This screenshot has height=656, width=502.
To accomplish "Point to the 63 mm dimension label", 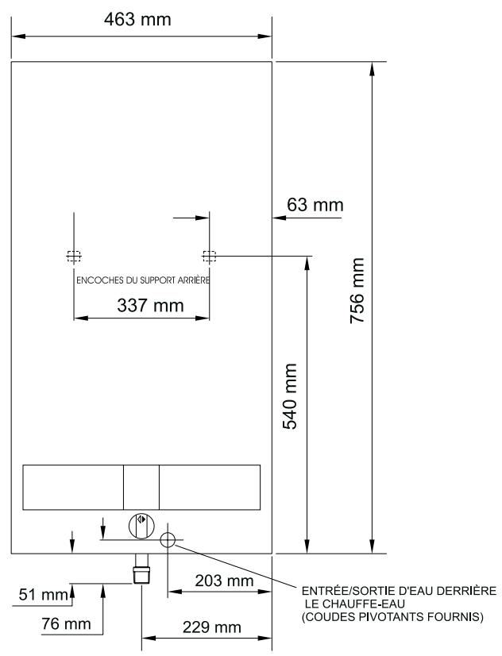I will [x=315, y=206].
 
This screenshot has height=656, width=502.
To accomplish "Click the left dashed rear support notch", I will [x=73, y=257].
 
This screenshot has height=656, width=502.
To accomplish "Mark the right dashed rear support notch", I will [x=209, y=257].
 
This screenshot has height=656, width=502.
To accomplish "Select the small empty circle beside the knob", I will [x=168, y=540].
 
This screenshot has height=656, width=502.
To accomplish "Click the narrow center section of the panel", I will [x=141, y=487].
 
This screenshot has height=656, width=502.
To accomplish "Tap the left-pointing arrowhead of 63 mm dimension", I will [x=278, y=216].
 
